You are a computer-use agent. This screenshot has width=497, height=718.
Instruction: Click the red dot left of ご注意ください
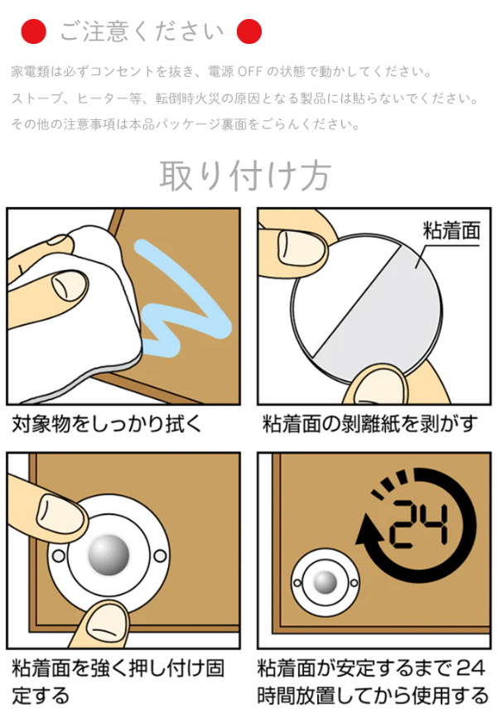[33, 31]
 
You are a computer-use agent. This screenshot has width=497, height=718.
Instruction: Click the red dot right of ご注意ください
[249, 31]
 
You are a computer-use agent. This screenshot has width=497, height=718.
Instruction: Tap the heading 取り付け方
[245, 176]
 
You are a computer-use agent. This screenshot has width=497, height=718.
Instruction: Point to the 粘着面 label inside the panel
[451, 230]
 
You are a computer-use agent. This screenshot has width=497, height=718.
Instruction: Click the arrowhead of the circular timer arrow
[369, 530]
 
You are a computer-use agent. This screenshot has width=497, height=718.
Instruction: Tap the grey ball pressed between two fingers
[109, 555]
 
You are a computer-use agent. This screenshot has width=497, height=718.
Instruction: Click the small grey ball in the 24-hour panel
[326, 582]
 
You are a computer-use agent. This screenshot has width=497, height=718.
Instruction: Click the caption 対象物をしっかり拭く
[107, 423]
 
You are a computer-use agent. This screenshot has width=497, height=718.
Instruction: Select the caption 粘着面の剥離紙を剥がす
[370, 423]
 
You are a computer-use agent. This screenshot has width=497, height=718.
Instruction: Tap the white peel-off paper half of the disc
[339, 284]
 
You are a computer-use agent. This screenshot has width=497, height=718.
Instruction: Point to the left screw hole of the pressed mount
[59, 557]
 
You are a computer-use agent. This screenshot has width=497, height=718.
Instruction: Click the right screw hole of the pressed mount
[160, 556]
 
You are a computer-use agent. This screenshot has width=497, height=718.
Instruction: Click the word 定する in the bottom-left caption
[41, 695]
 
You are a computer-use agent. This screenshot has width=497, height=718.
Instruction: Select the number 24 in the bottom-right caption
[470, 668]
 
